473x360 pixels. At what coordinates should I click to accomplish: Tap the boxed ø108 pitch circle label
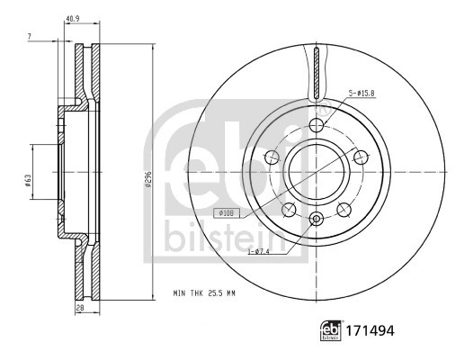[x=227, y=212]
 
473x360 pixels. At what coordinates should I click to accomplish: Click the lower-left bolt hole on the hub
[x=289, y=209]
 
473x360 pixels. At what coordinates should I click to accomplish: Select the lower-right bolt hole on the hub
[x=343, y=209]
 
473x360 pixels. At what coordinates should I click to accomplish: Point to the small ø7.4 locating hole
[x=316, y=219]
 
